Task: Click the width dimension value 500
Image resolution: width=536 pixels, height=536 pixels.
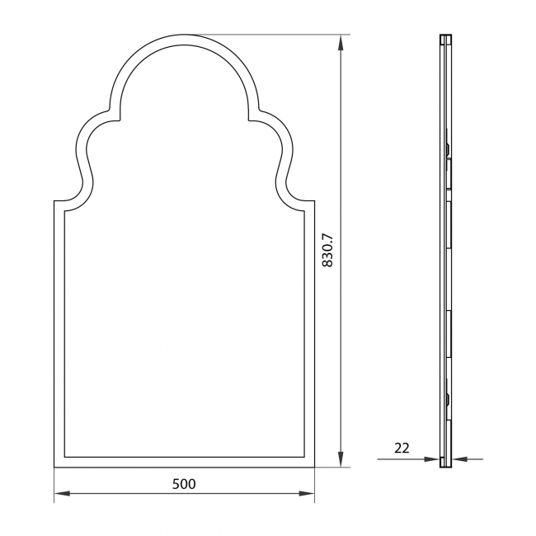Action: pos(184,484)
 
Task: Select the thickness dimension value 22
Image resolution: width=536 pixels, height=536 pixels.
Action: pos(402,449)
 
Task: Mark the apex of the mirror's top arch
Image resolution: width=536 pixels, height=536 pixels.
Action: pos(185,35)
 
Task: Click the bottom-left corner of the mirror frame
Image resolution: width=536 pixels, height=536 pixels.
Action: pos(54,468)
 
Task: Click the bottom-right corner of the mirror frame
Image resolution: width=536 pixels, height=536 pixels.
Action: pos(315,468)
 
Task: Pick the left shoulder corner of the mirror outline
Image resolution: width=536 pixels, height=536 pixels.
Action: pos(54,200)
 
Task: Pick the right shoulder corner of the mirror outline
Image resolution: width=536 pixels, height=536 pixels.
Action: pos(315,200)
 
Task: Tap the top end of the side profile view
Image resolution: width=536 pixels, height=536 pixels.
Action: pos(446,35)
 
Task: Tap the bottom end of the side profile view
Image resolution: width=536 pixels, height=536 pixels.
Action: pos(446,467)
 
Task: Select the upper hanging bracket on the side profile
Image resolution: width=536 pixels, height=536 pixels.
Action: pos(447,148)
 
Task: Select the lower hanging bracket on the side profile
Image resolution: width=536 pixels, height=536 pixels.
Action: pos(447,400)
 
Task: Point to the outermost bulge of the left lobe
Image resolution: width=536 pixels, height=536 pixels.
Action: pos(77,152)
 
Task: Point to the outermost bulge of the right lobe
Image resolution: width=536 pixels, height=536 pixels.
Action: pos(293,152)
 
